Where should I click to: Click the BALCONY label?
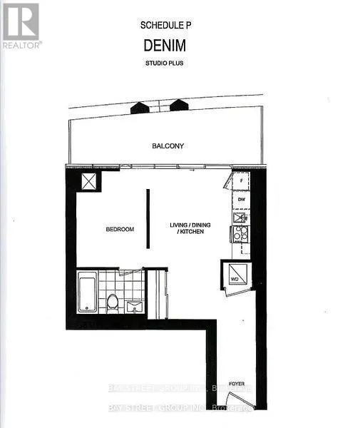(168, 146)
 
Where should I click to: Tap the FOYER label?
(237, 384)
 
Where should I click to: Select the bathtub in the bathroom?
(87, 292)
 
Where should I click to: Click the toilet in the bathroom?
(112, 302)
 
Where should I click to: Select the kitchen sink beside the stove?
(240, 218)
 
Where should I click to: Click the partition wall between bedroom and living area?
(148, 218)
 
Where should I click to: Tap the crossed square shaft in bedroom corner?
(91, 181)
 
